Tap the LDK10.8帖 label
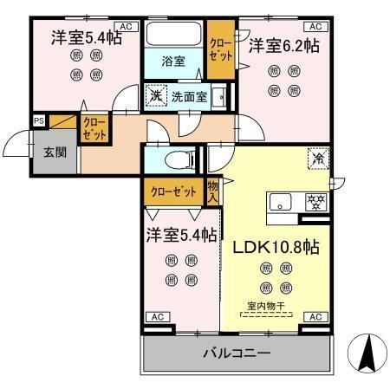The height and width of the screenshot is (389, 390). coord(276,246)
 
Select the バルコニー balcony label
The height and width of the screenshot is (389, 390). coord(237,353)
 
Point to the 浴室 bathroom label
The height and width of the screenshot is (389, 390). coord(174,61)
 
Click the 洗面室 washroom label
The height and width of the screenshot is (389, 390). coord(188,97)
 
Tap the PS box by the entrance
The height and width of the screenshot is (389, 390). coord(39,120)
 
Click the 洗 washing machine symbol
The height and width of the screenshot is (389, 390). coord(156,95)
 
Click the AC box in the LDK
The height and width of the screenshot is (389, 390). coord(316,318)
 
